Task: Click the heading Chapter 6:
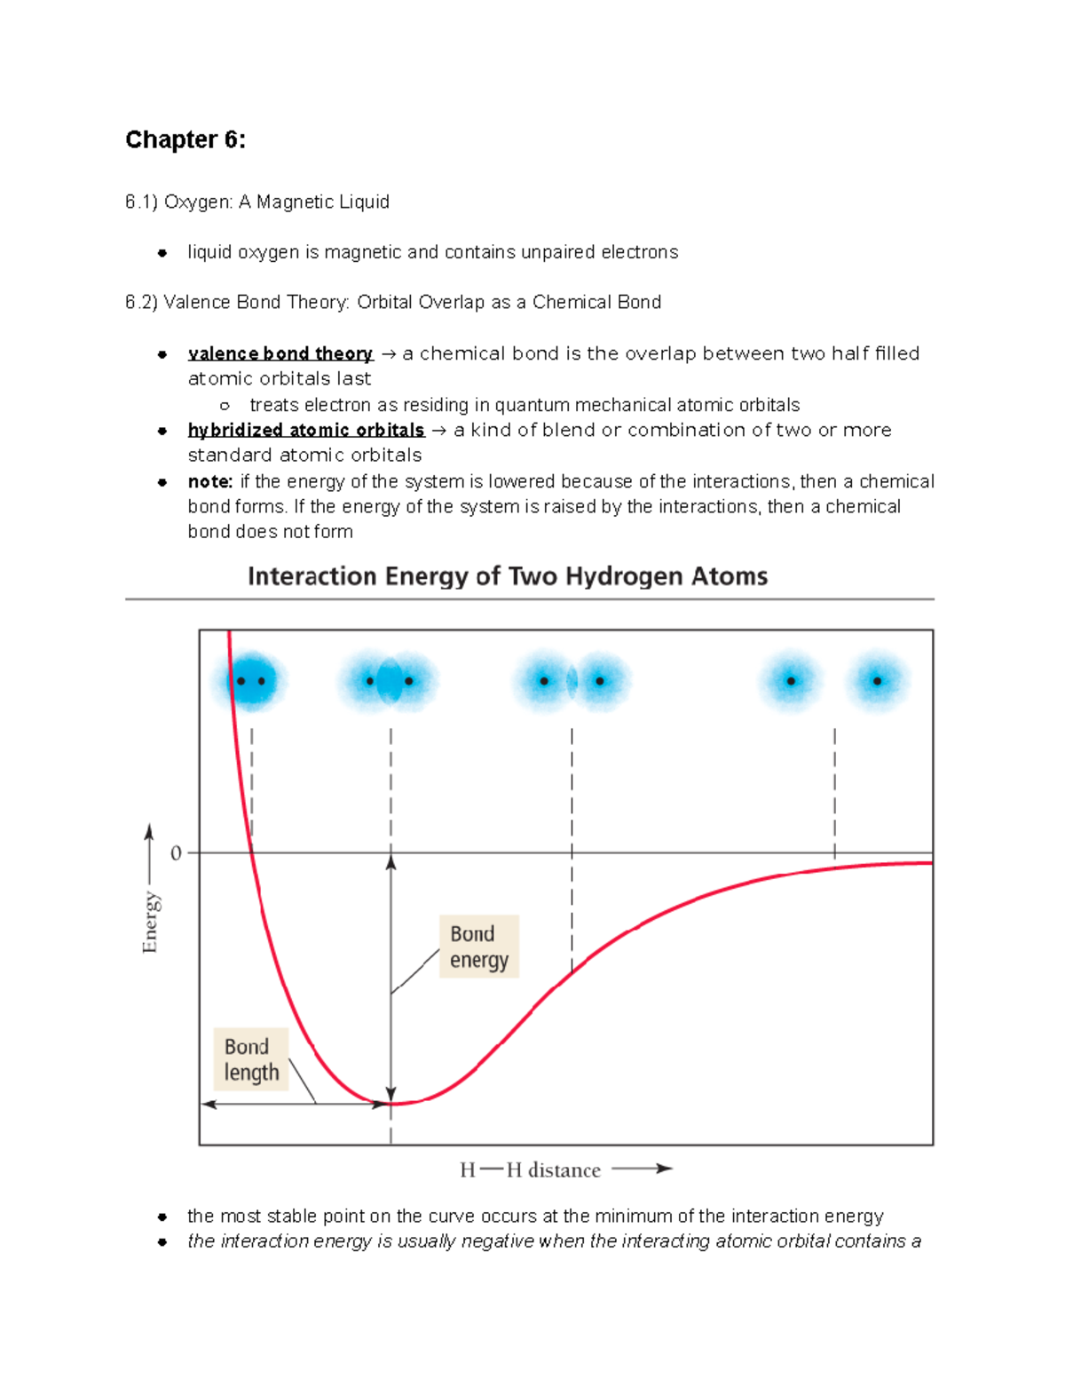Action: coord(185,139)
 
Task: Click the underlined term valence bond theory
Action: coord(280,353)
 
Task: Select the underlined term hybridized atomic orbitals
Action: coord(305,430)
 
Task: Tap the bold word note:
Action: coord(209,481)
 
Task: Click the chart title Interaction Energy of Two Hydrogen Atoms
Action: coord(507,576)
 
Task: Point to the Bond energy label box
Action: coord(478,947)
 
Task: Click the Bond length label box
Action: coord(251,1059)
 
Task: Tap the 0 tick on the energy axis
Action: coord(176,853)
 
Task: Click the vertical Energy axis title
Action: coord(150,923)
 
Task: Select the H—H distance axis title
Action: coord(530,1170)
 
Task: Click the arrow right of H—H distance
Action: coord(643,1169)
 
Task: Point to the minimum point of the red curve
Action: coord(391,1104)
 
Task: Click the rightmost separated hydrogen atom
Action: coord(877,681)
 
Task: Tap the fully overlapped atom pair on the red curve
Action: coord(250,681)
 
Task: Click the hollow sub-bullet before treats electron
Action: coord(225,406)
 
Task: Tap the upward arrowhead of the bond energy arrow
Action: coord(391,861)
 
